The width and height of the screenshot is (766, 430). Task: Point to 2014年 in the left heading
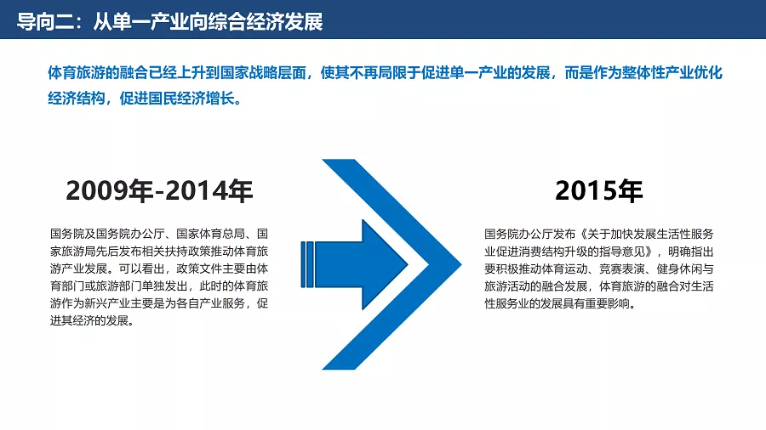point(209,190)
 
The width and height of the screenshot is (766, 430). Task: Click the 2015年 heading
point(599,190)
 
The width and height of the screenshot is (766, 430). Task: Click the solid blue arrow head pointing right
point(385,264)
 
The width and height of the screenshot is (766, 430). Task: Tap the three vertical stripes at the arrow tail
point(306,264)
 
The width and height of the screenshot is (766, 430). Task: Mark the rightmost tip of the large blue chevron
point(461,264)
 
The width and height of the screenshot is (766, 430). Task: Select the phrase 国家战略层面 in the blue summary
point(263,72)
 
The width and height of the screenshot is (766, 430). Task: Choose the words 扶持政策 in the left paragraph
point(187,252)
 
